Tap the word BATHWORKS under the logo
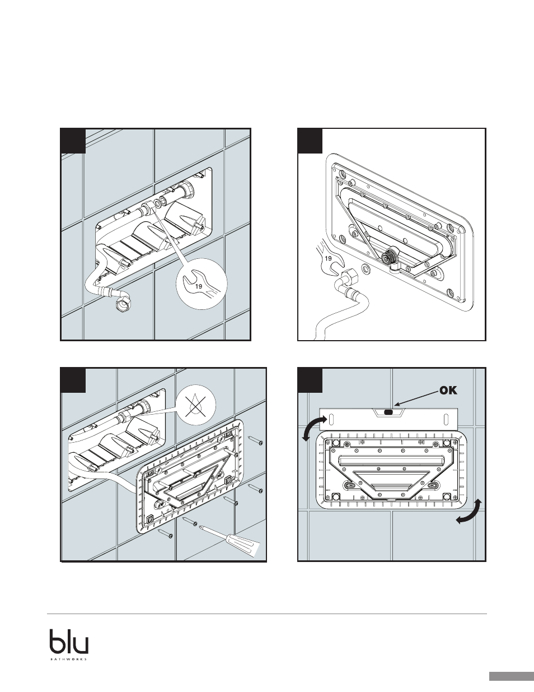click(x=69, y=657)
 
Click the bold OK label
click(x=448, y=391)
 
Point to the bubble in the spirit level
click(x=388, y=412)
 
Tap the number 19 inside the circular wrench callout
click(x=199, y=286)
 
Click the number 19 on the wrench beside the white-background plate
click(x=328, y=258)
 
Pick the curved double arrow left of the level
click(x=314, y=428)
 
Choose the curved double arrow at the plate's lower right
click(x=470, y=512)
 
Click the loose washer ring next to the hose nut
click(x=366, y=269)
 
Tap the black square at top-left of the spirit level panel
click(x=310, y=380)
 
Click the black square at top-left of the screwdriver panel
click(x=73, y=380)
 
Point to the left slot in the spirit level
click(x=331, y=417)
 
